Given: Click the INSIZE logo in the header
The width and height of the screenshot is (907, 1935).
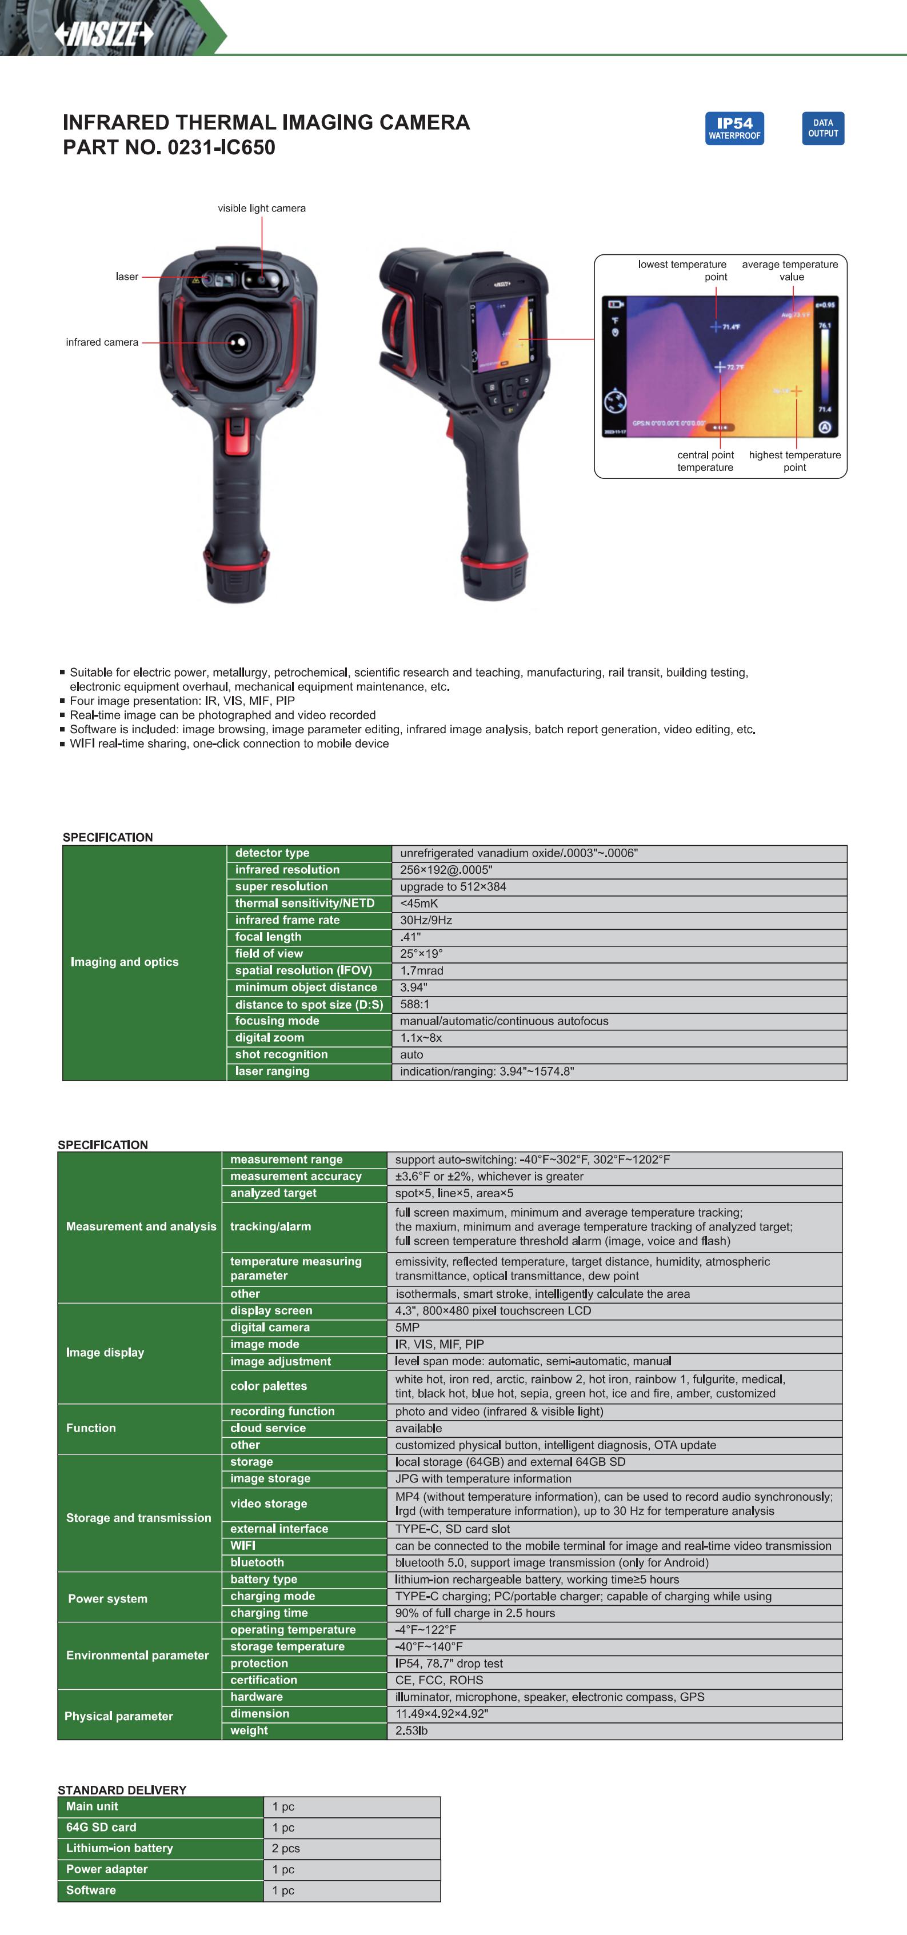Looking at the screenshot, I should [103, 34].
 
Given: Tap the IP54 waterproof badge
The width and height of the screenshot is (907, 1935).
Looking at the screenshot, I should [734, 129].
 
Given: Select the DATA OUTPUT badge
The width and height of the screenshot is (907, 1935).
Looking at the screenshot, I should [823, 129].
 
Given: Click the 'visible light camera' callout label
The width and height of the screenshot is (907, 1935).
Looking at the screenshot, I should [262, 208].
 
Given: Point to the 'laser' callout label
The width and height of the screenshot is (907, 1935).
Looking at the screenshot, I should [127, 277].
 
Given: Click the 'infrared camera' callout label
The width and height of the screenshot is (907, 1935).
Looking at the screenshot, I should [102, 342].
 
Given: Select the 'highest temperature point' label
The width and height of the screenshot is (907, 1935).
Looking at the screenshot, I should [794, 461].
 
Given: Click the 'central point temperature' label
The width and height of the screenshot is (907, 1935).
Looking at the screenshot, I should [705, 461].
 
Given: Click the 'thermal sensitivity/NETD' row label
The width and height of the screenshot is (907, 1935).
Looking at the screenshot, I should [305, 903].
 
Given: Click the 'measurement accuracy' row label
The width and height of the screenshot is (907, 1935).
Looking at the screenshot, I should [296, 1176].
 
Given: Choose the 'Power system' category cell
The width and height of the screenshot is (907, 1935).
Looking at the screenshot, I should [107, 1598].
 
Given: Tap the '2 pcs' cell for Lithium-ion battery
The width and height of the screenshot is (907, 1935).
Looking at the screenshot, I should [286, 1848].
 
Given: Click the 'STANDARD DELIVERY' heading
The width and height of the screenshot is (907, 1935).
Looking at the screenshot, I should [122, 1790].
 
